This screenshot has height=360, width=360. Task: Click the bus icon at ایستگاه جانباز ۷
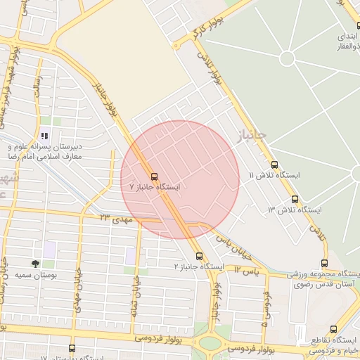pos(154,176)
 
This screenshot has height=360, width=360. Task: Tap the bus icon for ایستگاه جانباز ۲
pos(199,256)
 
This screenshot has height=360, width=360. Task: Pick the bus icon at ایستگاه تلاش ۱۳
pos(295,199)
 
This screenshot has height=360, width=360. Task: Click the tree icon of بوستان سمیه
pos(35,264)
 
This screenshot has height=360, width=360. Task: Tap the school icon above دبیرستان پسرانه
pos(44,135)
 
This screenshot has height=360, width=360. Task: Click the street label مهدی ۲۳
pos(116,220)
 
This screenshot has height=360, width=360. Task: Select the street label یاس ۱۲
pos(247,270)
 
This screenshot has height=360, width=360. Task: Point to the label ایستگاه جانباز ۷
pos(155,188)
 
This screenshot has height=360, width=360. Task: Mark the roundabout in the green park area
pos(287,58)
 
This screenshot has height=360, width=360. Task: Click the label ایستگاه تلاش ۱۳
pos(295,210)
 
